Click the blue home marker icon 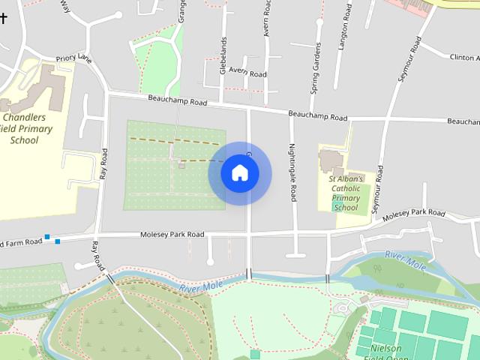[240, 173]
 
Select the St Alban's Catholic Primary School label [346, 193]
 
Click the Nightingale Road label [292, 172]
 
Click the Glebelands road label [223, 55]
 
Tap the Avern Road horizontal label [247, 73]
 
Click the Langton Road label [346, 26]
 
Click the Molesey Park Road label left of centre [172, 235]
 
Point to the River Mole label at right [405, 260]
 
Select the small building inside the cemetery [182, 165]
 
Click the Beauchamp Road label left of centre [177, 99]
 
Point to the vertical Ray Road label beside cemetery [103, 164]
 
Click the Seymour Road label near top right [411, 56]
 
